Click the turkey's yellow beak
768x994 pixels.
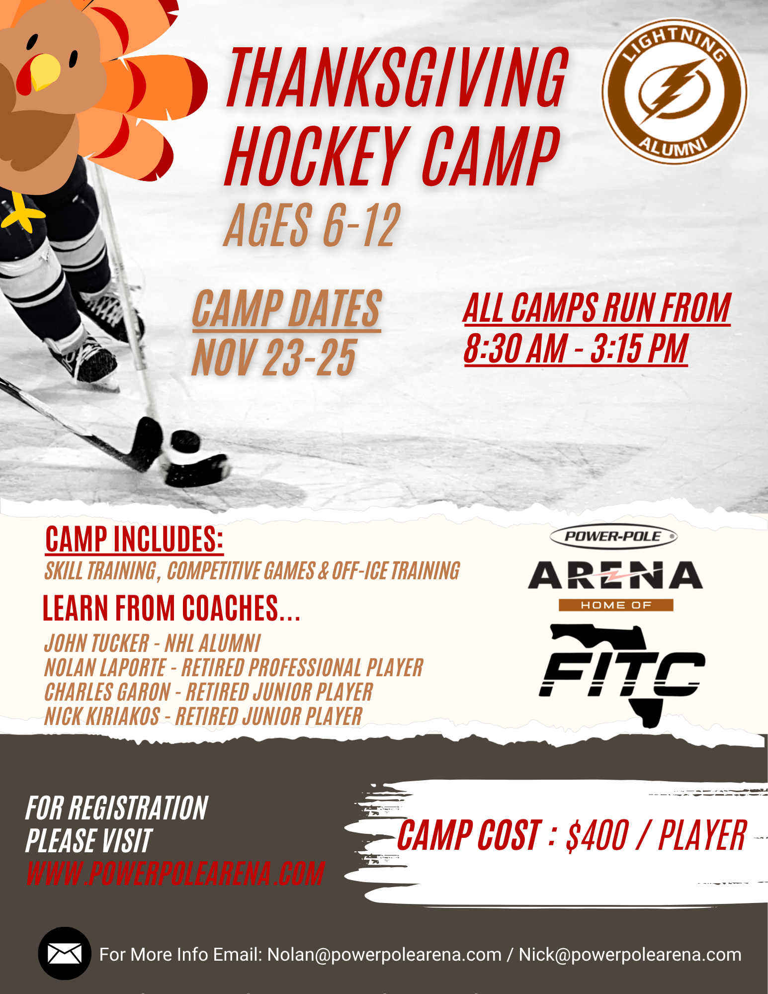(x=45, y=71)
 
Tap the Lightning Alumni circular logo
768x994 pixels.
(x=674, y=91)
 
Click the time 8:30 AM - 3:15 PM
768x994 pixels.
(x=576, y=349)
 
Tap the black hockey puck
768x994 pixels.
(x=185, y=442)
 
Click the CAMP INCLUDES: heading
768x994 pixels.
(x=134, y=539)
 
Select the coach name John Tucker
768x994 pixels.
(x=96, y=643)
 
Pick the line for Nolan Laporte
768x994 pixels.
(x=234, y=667)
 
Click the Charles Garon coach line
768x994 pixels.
(x=208, y=692)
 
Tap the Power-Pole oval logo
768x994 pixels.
(x=613, y=537)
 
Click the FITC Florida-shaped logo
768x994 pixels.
(x=622, y=675)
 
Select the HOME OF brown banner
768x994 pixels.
(x=616, y=605)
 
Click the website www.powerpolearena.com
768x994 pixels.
(x=175, y=874)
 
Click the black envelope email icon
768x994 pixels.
(x=65, y=954)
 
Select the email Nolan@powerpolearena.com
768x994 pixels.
(x=384, y=955)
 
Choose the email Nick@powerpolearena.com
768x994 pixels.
(x=630, y=955)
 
